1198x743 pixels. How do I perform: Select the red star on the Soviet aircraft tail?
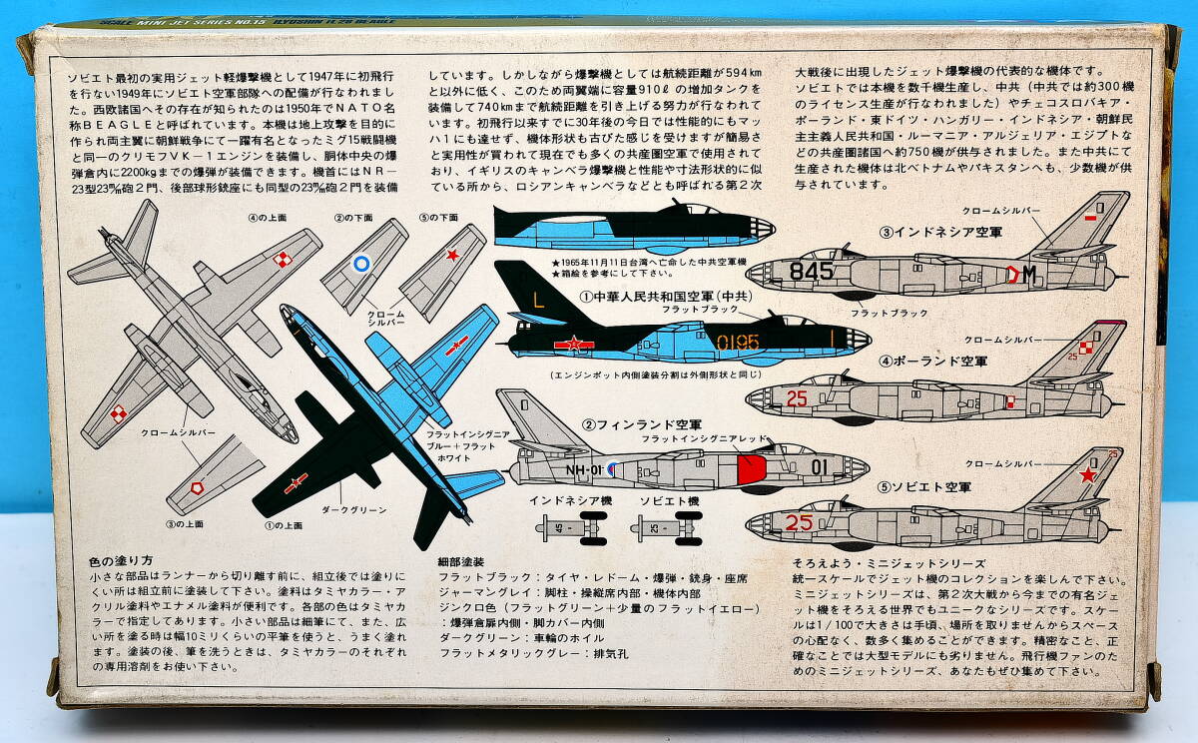[1088, 474]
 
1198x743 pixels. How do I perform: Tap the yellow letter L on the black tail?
[538, 299]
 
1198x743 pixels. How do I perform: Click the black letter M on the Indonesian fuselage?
[1026, 273]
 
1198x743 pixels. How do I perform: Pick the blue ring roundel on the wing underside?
[363, 266]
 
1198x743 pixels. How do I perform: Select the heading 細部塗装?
[464, 561]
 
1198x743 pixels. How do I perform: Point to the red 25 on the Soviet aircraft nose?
[799, 521]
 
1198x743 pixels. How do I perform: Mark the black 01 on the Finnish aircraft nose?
[819, 466]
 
